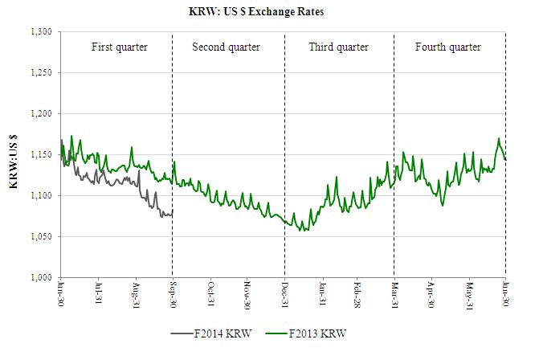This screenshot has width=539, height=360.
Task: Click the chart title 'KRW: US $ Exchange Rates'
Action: pyautogui.click(x=268, y=12)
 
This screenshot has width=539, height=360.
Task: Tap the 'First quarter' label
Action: pyautogui.click(x=119, y=47)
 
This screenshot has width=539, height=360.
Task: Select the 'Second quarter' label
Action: pyautogui.click(x=226, y=47)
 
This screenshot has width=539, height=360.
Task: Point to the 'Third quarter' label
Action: pyautogui.click(x=338, y=47)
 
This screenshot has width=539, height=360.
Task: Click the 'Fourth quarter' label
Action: pyautogui.click(x=447, y=47)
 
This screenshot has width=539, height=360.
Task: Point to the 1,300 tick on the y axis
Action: pyautogui.click(x=39, y=31)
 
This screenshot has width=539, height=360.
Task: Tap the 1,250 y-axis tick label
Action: pyautogui.click(x=39, y=72)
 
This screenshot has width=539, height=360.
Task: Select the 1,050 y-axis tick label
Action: pyautogui.click(x=39, y=237)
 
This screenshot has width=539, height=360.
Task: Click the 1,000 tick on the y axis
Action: pyautogui.click(x=39, y=278)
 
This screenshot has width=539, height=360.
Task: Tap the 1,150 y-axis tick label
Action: pyautogui.click(x=39, y=155)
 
